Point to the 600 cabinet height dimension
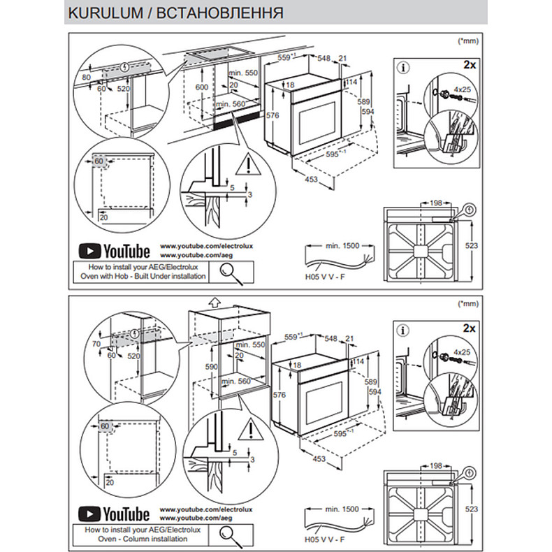pyautogui.click(x=201, y=87)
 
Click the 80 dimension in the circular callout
pyautogui.click(x=87, y=77)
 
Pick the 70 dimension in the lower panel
pyautogui.click(x=96, y=344)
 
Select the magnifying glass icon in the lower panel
pyautogui.click(x=231, y=535)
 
